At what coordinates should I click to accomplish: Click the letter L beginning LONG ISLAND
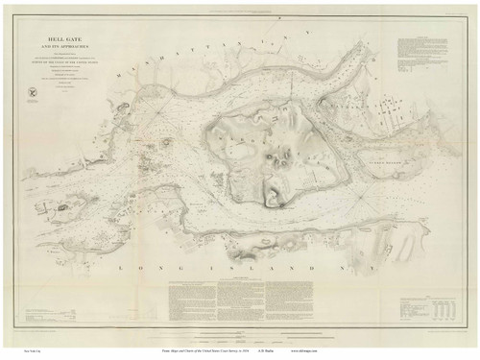point(121,268)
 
